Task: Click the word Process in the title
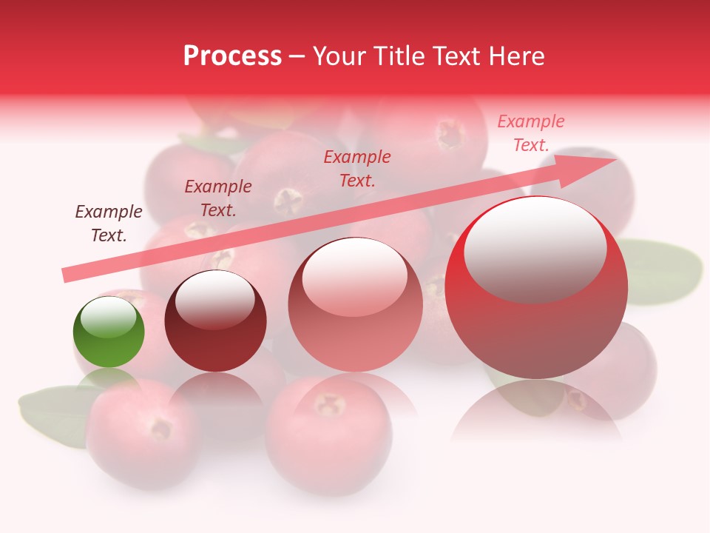coord(232,56)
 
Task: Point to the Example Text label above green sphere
coord(109,224)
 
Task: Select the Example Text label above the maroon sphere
coord(218,198)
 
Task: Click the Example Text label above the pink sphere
coord(357,169)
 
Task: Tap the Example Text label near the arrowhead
coord(531,133)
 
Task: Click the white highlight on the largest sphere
coord(535,248)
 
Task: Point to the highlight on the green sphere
coord(108,317)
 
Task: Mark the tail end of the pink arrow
coord(68,275)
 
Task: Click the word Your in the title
coord(341,56)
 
